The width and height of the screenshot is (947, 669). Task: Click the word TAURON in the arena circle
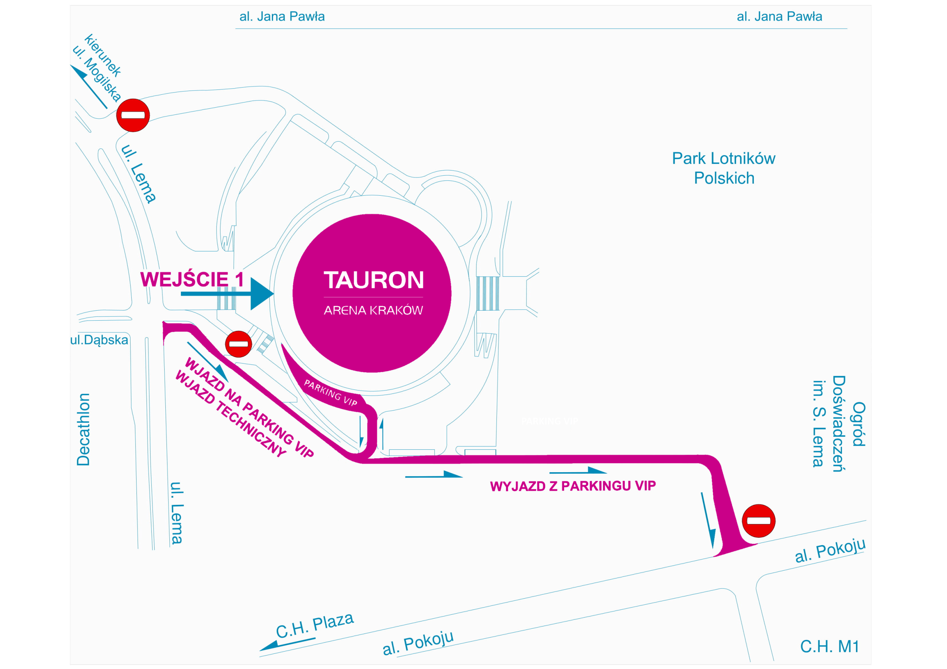coord(373,280)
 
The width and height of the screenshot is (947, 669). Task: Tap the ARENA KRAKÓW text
coord(373,310)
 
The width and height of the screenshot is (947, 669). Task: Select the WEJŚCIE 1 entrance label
coord(192,279)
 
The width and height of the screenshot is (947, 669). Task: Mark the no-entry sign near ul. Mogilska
coord(133,115)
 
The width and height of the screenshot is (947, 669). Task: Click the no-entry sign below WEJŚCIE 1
coord(238,344)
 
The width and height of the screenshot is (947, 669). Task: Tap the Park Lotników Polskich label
coord(724,168)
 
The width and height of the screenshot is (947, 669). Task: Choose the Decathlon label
coord(83,429)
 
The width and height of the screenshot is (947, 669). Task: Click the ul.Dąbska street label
coord(99,340)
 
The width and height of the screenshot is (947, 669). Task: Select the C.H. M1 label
coord(829,646)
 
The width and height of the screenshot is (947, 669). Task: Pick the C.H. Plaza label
coord(315,625)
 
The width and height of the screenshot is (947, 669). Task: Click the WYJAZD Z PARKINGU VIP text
coord(573,486)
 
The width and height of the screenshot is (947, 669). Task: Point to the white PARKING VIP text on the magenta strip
coord(330,393)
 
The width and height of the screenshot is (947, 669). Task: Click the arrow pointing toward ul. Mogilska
coord(88,86)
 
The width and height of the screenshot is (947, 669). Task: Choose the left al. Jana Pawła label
coord(282,17)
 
